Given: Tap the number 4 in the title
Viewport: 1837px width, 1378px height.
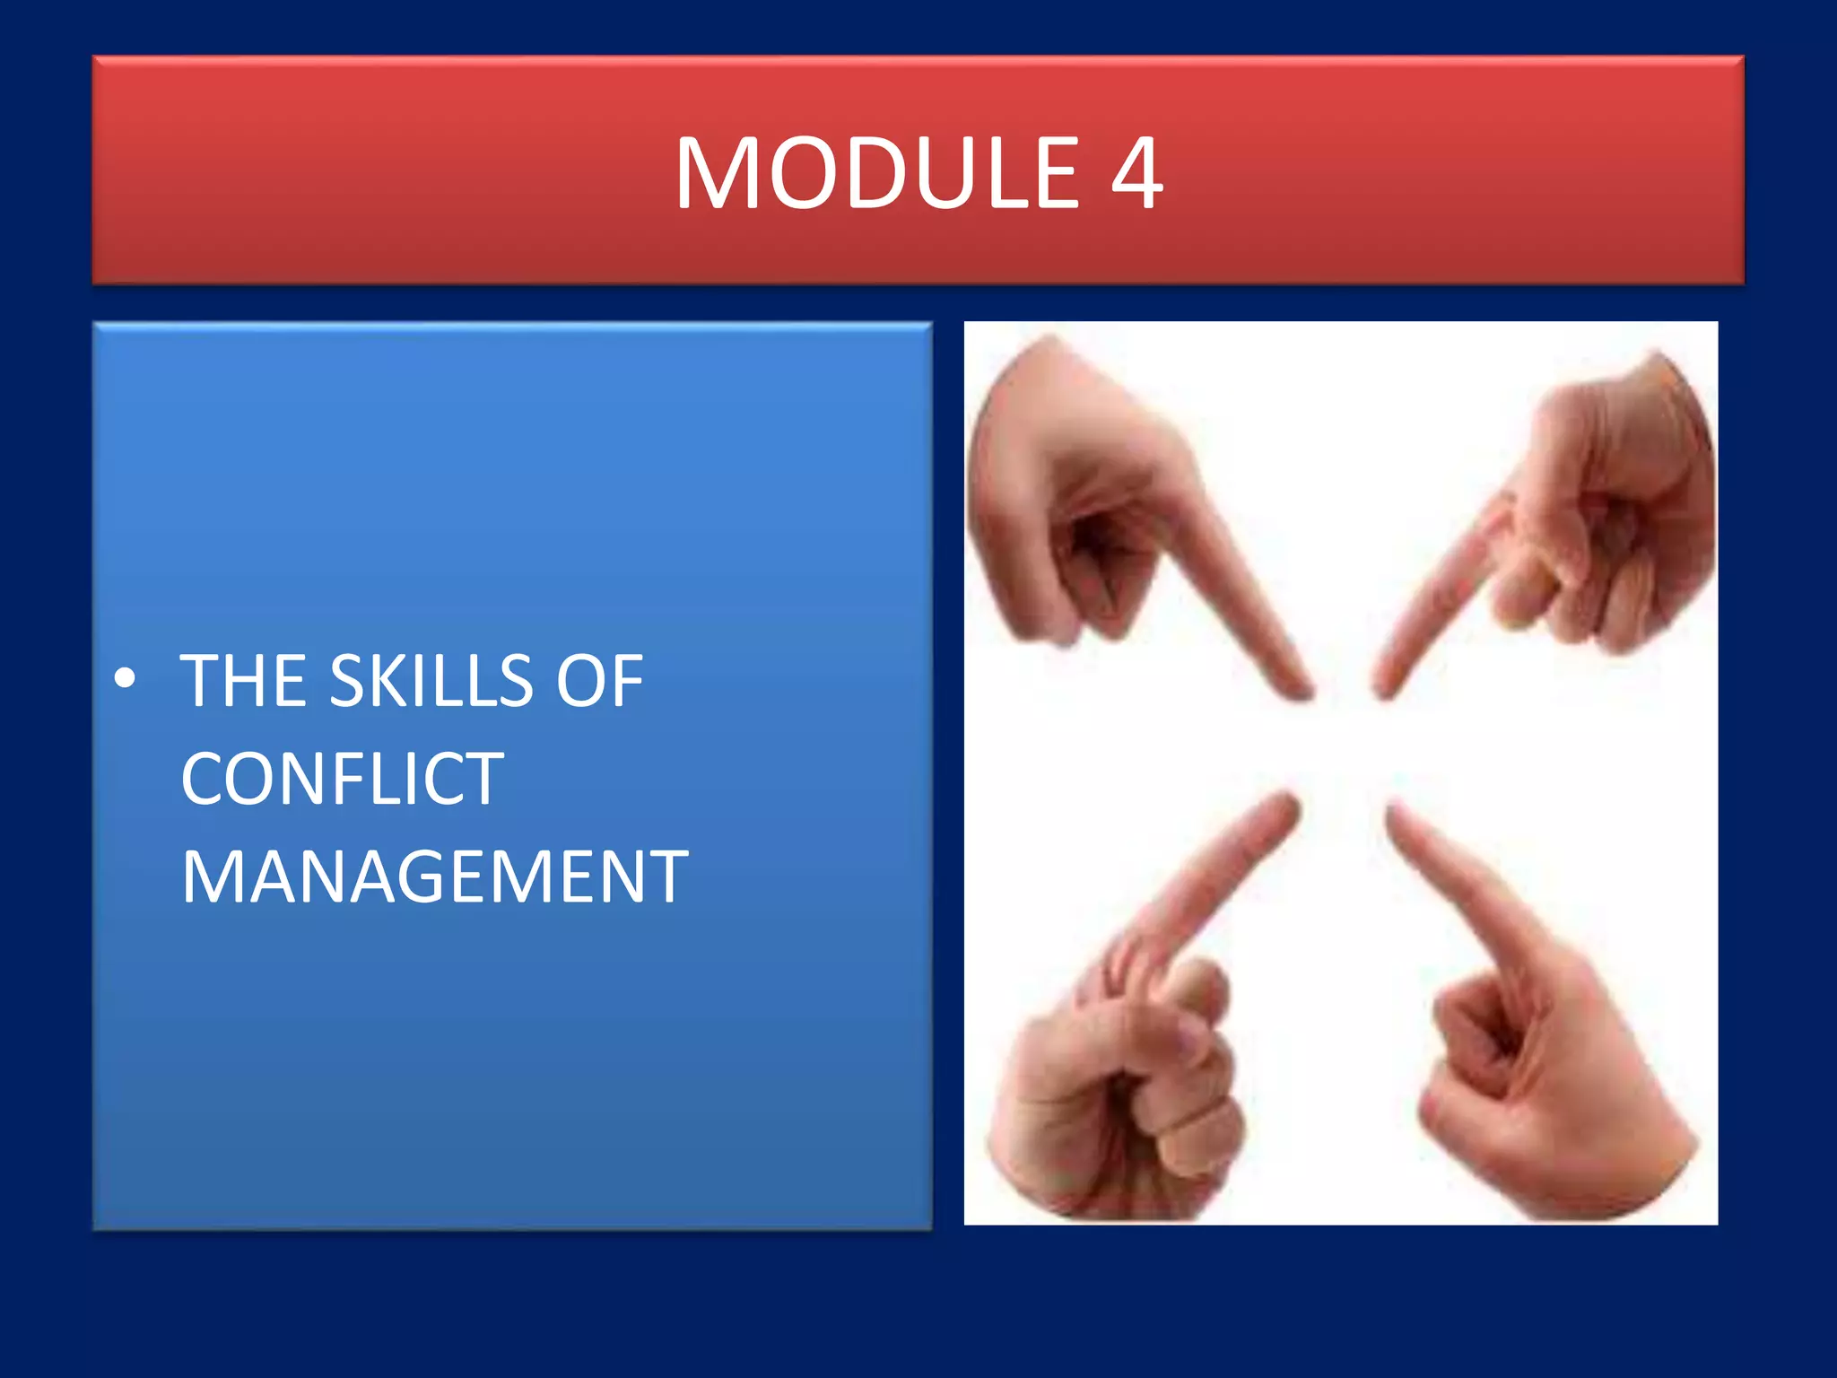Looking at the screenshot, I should pos(1136,173).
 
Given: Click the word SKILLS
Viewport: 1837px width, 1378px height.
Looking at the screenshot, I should pos(431,681).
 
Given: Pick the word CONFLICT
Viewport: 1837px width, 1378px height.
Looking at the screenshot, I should pos(342,779).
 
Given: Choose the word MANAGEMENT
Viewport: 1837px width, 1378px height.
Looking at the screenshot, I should pos(434,877).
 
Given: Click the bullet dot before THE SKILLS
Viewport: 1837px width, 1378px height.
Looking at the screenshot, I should pos(126,679).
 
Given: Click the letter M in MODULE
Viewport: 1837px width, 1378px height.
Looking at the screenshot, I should pos(717,173).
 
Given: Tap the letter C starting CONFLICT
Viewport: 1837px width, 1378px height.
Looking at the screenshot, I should pos(204,779).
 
